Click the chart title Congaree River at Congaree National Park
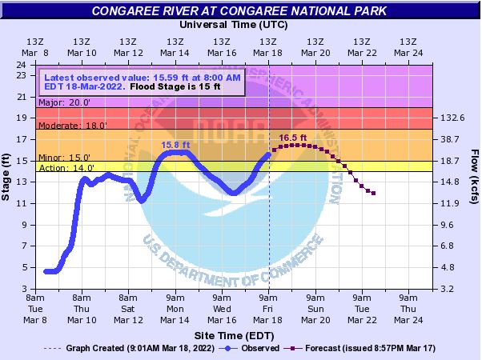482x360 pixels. coord(240,11)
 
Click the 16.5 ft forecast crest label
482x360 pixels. coord(292,138)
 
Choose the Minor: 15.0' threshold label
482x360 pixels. coord(64,158)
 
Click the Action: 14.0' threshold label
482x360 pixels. coord(66,168)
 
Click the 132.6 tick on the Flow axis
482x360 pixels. coord(452,118)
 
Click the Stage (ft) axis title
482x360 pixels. coord(7,176)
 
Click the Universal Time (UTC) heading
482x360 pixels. coord(232,24)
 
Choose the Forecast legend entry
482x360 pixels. coord(356,348)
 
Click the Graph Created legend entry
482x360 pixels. coord(128,348)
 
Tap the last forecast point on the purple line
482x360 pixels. coord(374,194)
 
